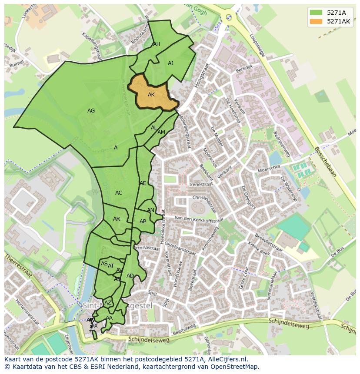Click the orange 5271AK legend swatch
316,21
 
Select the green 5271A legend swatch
316,12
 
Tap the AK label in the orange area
151,95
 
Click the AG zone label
91,111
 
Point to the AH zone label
157,44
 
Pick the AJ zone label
170,63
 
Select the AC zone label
119,193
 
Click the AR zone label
117,219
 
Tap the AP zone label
143,222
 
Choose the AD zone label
130,276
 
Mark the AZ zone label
108,303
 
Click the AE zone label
143,183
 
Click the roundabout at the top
229,17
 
